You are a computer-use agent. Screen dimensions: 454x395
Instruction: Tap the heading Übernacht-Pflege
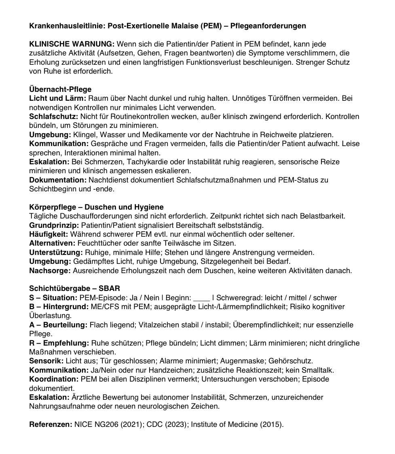[x=60, y=89]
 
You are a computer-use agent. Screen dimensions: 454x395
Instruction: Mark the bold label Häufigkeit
[x=49, y=234]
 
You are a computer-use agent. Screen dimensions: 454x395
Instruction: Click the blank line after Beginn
[x=202, y=298]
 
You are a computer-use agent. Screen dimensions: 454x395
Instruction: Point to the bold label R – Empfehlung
[x=59, y=343]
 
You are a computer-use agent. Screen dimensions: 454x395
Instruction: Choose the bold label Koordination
[x=54, y=380]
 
